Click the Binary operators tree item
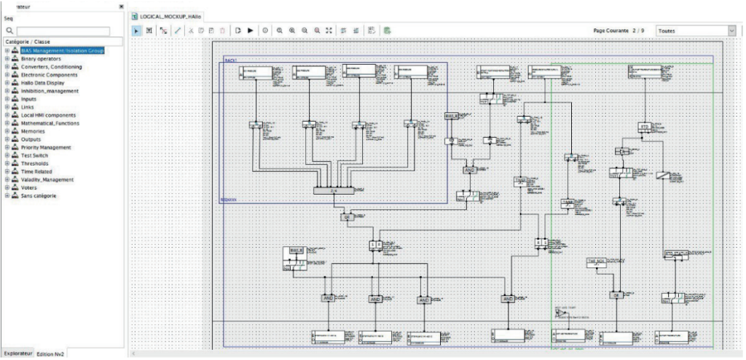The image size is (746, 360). click(x=41, y=59)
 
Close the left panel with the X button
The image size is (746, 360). click(x=121, y=7)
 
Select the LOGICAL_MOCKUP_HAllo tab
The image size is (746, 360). click(x=168, y=15)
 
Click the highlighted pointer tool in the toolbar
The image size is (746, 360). click(x=136, y=31)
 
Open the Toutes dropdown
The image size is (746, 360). click(x=695, y=31)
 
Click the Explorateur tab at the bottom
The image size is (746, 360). click(x=17, y=353)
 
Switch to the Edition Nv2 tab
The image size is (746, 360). click(x=52, y=353)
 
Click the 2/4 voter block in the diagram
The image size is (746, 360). click(x=332, y=190)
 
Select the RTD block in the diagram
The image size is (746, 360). click(x=644, y=127)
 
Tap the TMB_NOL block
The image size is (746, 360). click(x=597, y=261)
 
